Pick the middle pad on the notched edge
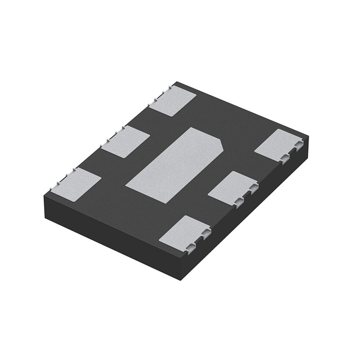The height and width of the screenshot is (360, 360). [x=233, y=187]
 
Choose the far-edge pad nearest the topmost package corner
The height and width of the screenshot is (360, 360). [x=173, y=100]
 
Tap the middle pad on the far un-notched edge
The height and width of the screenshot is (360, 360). [x=128, y=141]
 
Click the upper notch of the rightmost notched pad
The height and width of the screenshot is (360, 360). [x=298, y=146]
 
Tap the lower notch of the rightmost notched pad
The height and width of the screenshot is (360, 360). [x=284, y=157]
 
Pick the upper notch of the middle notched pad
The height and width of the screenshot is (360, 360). [x=253, y=189]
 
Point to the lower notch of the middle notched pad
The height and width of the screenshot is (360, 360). [x=239, y=201]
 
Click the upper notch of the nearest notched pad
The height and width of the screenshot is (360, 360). [x=206, y=233]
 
